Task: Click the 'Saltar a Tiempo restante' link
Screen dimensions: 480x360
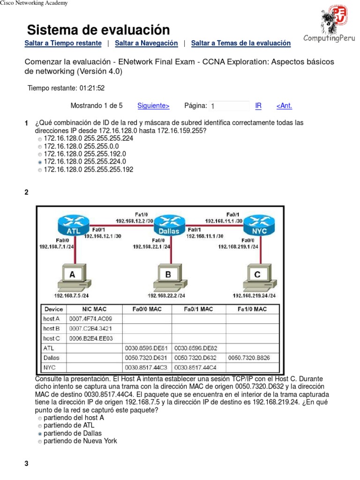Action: click(63, 43)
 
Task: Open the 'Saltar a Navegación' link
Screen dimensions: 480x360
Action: click(146, 43)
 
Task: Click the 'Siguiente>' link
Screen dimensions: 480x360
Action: click(153, 106)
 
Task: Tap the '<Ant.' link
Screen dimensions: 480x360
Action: click(284, 106)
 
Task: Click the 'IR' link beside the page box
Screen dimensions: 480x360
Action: click(258, 106)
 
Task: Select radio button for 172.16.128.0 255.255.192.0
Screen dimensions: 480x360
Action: click(40, 154)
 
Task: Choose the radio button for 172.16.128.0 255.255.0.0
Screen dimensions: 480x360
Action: click(40, 146)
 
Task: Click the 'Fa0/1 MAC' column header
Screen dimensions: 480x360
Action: click(198, 309)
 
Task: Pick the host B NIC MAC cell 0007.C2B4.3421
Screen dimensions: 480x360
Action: click(94, 329)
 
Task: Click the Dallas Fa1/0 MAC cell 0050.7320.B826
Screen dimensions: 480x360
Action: click(252, 358)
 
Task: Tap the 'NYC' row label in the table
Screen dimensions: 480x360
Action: click(49, 367)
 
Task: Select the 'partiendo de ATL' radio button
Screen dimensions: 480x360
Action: click(40, 426)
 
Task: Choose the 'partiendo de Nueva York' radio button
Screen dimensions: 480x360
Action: click(40, 442)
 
